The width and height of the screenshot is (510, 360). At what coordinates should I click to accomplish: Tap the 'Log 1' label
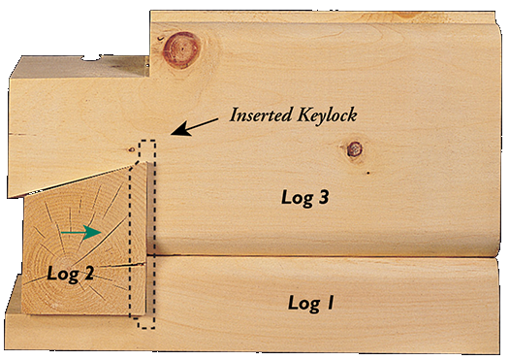point(311,303)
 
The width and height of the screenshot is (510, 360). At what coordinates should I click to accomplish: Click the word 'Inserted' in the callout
point(261,115)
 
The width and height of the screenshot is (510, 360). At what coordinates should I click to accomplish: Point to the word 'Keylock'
point(327,115)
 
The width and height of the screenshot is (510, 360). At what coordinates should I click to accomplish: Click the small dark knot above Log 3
point(355,149)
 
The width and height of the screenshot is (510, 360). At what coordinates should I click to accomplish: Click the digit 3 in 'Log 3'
point(324,198)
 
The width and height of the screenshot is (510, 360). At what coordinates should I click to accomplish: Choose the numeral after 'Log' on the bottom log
point(331,303)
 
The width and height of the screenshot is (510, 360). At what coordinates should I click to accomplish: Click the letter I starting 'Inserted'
point(233,115)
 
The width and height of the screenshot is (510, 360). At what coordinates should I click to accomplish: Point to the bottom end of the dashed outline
point(145,325)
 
